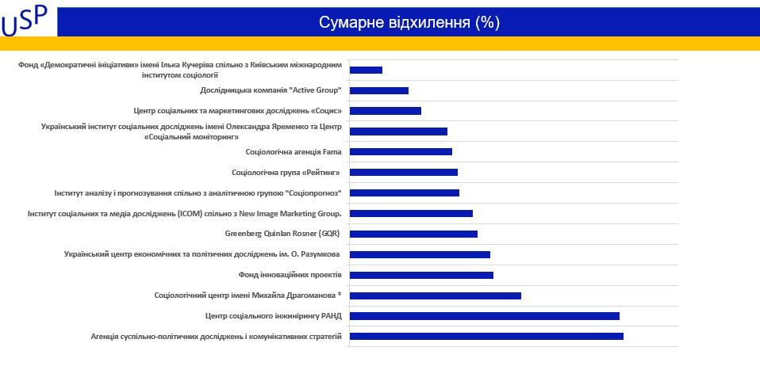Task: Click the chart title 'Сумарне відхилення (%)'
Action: tap(409, 22)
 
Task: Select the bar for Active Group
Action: tap(379, 90)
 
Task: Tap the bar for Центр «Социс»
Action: tap(386, 111)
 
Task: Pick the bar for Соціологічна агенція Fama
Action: tap(401, 152)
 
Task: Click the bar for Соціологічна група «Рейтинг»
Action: tap(404, 172)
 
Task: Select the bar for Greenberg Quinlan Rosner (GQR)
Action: tap(413, 234)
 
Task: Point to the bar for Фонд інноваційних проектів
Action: tap(421, 275)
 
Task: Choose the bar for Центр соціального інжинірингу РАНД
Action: tap(484, 316)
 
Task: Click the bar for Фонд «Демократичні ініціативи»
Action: tap(366, 70)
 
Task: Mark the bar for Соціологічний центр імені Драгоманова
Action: tap(435, 295)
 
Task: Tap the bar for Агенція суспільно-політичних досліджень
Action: tap(486, 337)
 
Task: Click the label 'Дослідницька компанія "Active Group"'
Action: tap(271, 90)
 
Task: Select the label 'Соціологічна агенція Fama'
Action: tap(294, 151)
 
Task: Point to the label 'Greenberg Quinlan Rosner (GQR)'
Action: tap(283, 234)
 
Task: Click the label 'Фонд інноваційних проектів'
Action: tap(290, 275)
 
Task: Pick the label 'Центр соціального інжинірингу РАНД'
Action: tap(273, 316)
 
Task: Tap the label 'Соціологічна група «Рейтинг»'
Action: tap(286, 172)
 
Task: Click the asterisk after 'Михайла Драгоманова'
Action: tap(340, 295)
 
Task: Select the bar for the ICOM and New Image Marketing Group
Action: tap(411, 213)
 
